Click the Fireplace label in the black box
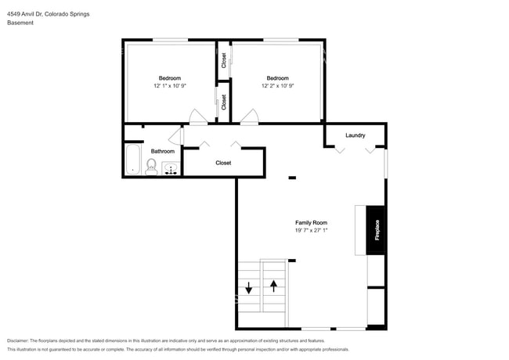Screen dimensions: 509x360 (x=377, y=230)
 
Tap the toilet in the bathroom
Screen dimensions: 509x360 (x=151, y=167)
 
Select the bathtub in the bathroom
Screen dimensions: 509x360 (x=133, y=159)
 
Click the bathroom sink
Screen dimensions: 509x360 (x=171, y=168)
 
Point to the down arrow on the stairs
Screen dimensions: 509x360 (x=249, y=288)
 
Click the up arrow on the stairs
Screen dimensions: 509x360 (x=273, y=286)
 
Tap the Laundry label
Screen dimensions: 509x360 (x=356, y=135)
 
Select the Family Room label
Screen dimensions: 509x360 (x=311, y=222)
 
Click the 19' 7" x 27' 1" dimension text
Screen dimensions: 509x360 (x=311, y=230)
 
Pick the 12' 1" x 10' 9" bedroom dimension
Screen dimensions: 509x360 (x=170, y=85)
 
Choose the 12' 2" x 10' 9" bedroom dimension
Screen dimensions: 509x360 (x=277, y=85)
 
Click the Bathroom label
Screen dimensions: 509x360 (x=163, y=151)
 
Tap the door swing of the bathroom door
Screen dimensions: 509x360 (x=175, y=136)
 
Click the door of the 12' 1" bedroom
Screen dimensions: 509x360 (x=198, y=117)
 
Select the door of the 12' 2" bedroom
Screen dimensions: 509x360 (x=249, y=117)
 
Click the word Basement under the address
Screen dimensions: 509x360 (x=20, y=23)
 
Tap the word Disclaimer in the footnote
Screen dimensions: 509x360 (x=17, y=340)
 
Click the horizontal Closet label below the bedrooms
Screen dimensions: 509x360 (x=223, y=163)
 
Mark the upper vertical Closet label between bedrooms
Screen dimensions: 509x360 (x=224, y=60)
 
